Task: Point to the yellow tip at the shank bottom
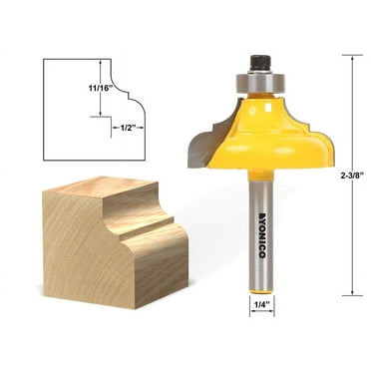[x=260, y=286]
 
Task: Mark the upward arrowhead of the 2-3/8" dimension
[x=351, y=59]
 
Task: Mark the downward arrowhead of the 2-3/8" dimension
[x=351, y=292]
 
